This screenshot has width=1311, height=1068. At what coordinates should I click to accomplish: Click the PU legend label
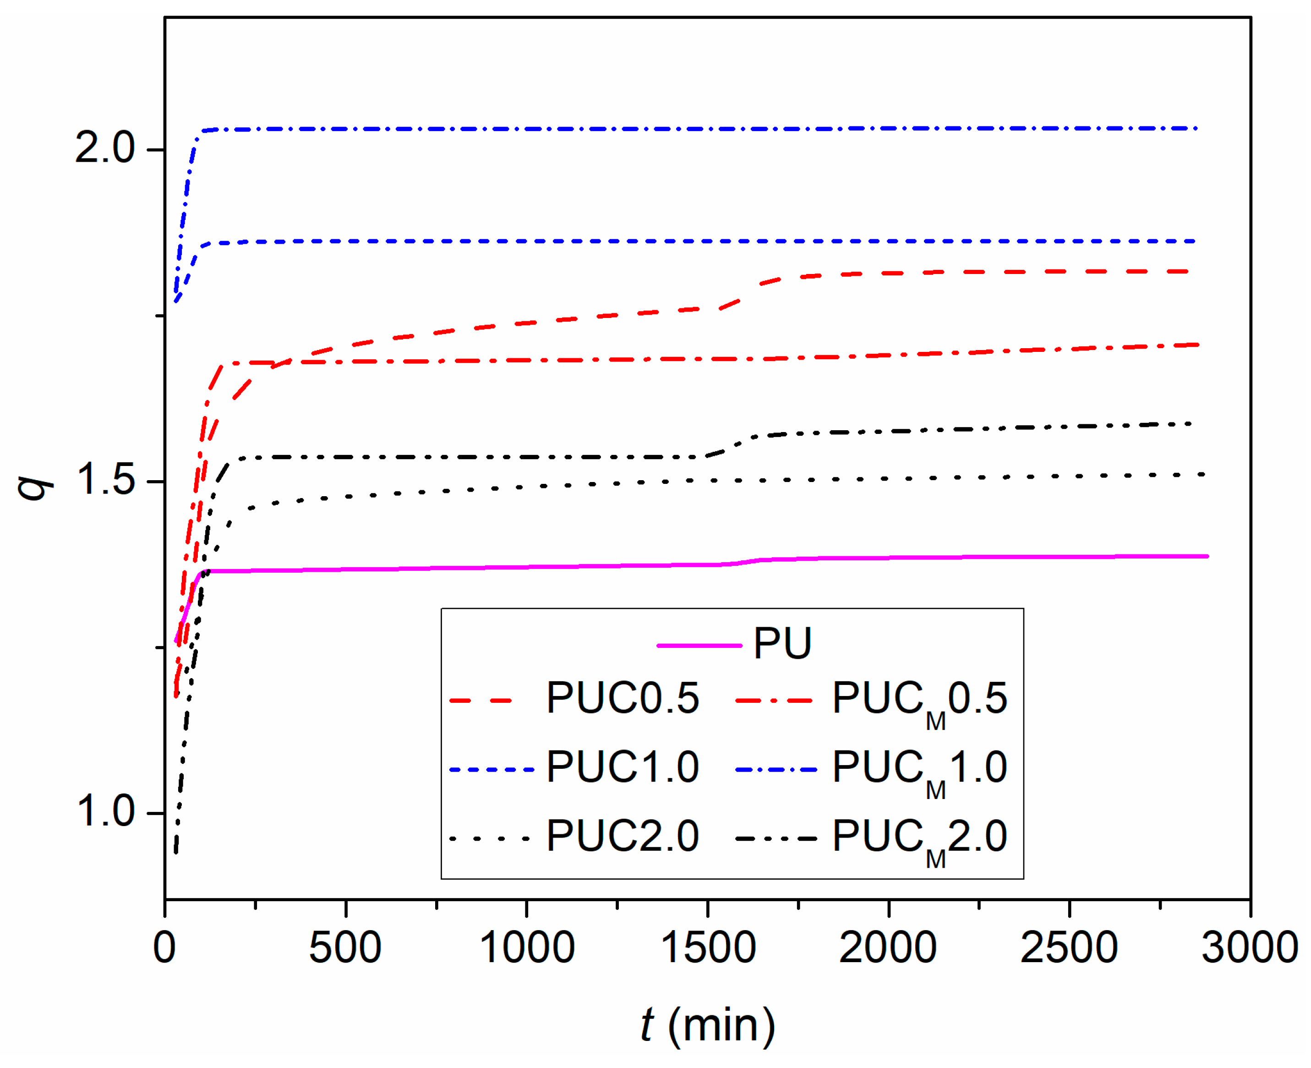tap(782, 644)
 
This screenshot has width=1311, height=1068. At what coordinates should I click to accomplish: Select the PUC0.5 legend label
tap(623, 698)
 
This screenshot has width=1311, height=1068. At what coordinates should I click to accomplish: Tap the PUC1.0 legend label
tap(623, 767)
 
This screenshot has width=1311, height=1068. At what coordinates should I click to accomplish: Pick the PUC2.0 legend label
tap(623, 836)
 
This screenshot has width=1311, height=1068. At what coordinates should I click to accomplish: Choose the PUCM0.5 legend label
tap(919, 701)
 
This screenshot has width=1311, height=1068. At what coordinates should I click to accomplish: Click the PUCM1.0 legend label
tap(919, 770)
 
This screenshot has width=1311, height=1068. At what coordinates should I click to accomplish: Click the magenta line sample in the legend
tap(699, 646)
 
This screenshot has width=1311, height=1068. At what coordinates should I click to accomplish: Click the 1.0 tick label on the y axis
tap(104, 811)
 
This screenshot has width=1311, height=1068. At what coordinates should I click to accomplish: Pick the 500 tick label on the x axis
tap(345, 948)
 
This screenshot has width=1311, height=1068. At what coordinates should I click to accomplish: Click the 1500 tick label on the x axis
tap(707, 948)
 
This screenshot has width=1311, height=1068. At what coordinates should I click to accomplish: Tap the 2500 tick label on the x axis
tap(1069, 948)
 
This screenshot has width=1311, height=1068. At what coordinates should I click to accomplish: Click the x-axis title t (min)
tap(707, 1025)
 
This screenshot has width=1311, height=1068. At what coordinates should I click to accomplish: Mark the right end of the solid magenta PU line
tap(1207, 556)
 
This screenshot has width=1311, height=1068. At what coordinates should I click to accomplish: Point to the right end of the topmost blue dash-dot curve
tap(1196, 128)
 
